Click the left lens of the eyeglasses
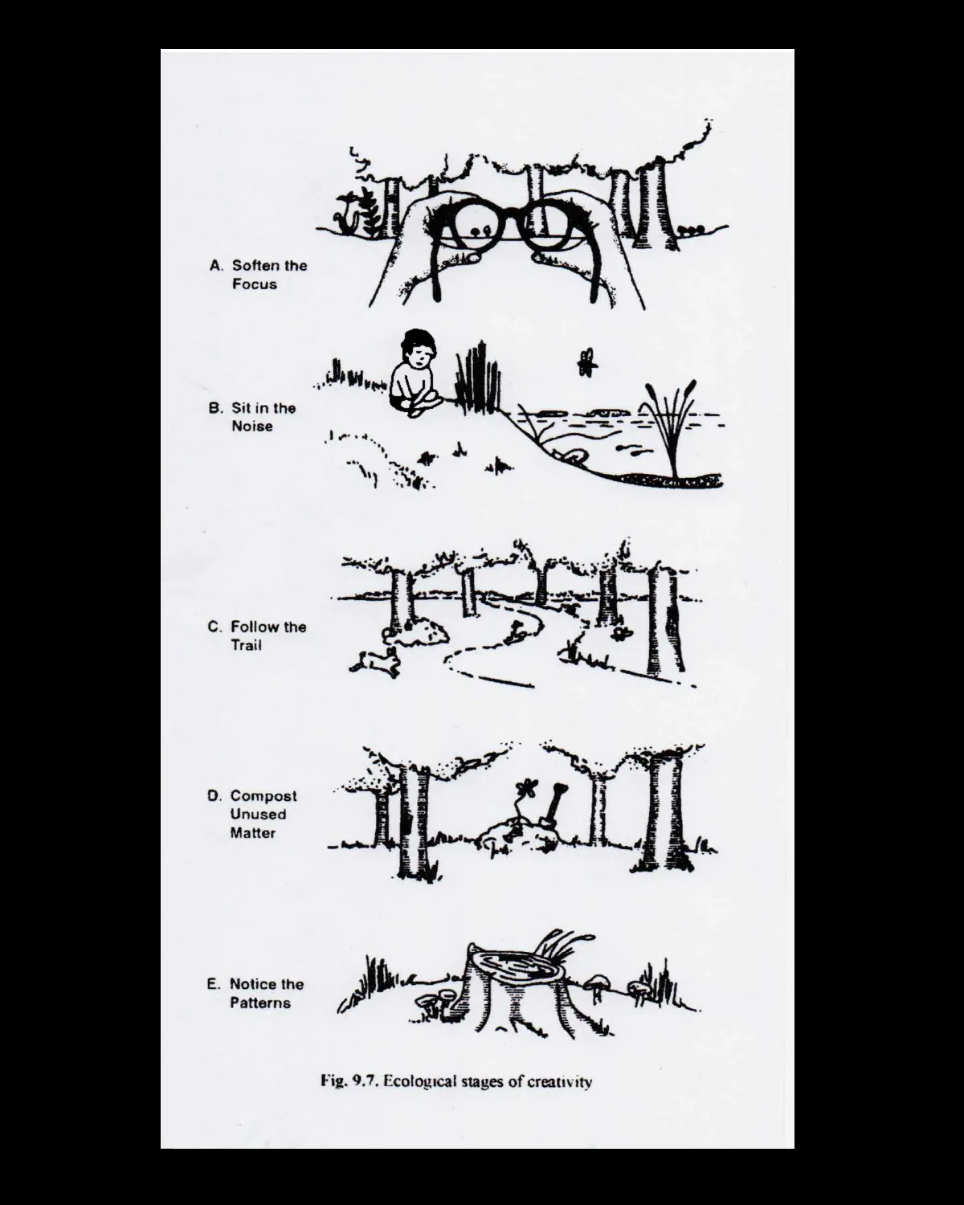[x=473, y=225]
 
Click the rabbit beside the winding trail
[x=376, y=663]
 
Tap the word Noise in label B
[x=252, y=427]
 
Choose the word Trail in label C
[x=247, y=645]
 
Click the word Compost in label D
[x=263, y=796]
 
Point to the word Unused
[x=259, y=815]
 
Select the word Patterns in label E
[x=260, y=1003]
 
